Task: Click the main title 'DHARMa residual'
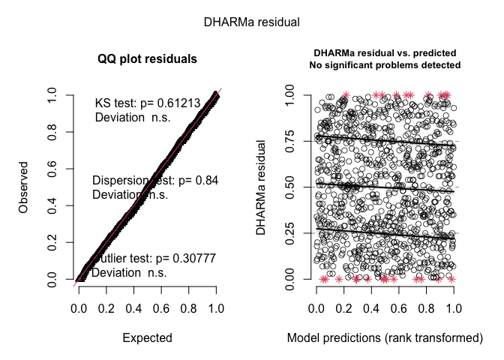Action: [x=252, y=22]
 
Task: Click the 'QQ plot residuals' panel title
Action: [x=148, y=59]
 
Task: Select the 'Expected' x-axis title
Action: [x=148, y=338]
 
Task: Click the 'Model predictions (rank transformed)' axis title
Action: [x=385, y=338]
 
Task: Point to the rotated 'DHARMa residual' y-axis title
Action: [x=261, y=187]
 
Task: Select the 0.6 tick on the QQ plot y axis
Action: [x=52, y=168]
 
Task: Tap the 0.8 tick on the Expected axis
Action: [x=189, y=308]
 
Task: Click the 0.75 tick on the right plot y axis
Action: [x=289, y=141]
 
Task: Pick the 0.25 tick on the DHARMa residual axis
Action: [x=289, y=233]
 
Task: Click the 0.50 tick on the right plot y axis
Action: [x=289, y=187]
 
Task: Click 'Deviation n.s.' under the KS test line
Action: [x=133, y=118]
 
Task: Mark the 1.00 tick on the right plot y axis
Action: [x=289, y=95]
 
